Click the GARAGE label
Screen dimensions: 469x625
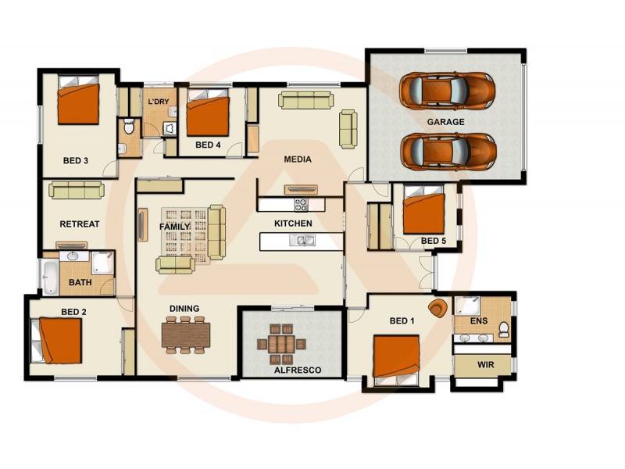pyautogui.click(x=445, y=122)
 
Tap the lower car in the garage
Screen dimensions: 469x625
pyautogui.click(x=446, y=150)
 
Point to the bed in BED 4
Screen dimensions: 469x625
pyautogui.click(x=206, y=114)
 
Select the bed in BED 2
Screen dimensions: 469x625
pyautogui.click(x=59, y=342)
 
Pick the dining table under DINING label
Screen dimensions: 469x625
pyautogui.click(x=186, y=334)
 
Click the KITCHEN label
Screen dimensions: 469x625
pyautogui.click(x=293, y=224)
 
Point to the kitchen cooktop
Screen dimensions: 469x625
pyautogui.click(x=302, y=205)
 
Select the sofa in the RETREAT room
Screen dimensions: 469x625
pyautogui.click(x=75, y=189)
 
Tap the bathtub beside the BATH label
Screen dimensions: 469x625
pyautogui.click(x=49, y=279)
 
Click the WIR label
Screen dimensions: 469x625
pyautogui.click(x=484, y=365)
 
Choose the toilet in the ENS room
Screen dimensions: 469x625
pyautogui.click(x=504, y=328)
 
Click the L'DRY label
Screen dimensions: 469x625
pyautogui.click(x=159, y=102)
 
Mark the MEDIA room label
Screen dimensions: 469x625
pyautogui.click(x=297, y=159)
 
